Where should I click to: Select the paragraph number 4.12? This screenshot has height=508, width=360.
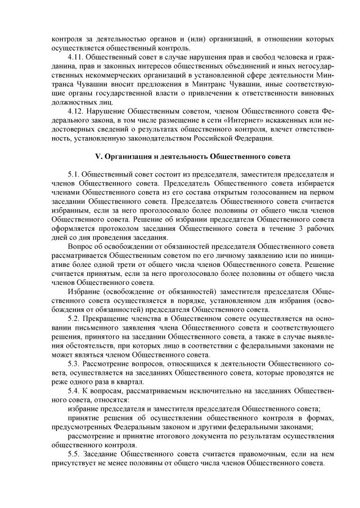[75, 111]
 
